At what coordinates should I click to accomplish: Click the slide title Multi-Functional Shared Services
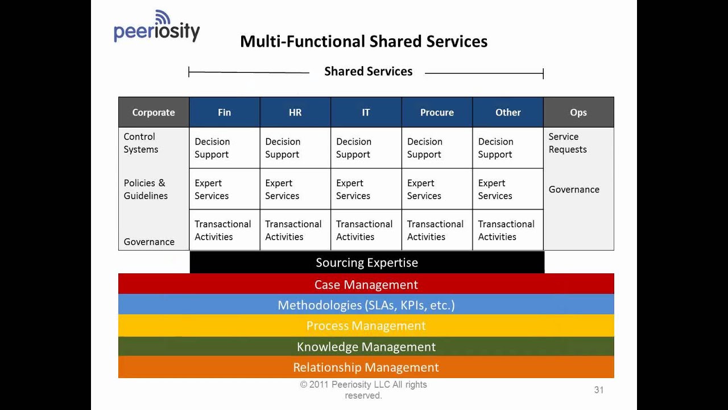click(363, 42)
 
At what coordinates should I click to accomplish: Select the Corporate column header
click(154, 112)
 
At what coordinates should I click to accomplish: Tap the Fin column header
click(224, 112)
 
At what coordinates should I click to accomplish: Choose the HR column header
click(295, 112)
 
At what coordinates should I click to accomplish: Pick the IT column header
click(366, 112)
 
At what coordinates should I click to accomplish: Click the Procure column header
click(437, 112)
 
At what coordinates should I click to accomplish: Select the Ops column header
click(578, 112)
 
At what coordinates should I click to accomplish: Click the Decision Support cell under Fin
click(224, 148)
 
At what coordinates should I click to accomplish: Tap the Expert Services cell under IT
click(366, 189)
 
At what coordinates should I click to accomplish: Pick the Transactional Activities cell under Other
click(507, 230)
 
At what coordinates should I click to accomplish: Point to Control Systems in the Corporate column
click(141, 143)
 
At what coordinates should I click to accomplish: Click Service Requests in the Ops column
click(568, 143)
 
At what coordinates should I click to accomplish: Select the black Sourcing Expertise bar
click(367, 263)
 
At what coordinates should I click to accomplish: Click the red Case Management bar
click(366, 284)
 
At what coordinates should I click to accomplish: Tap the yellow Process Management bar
click(366, 326)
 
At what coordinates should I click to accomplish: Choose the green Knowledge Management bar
click(366, 346)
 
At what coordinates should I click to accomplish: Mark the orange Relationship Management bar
click(366, 367)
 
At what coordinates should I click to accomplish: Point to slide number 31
click(599, 390)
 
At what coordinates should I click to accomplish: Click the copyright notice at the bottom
click(363, 390)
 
